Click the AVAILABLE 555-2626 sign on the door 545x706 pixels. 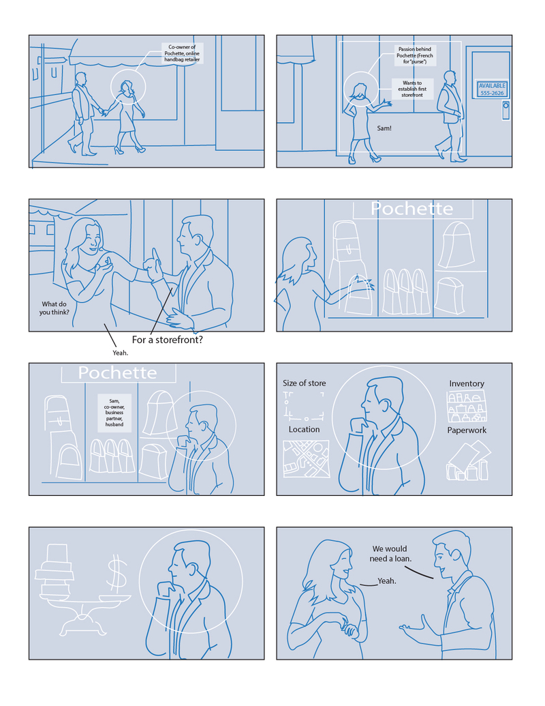click(x=492, y=89)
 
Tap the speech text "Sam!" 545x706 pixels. click(x=384, y=128)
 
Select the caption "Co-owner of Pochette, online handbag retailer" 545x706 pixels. click(x=182, y=53)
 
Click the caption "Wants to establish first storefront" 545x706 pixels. click(x=412, y=89)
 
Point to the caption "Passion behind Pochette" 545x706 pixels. click(x=415, y=55)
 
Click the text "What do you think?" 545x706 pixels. click(x=54, y=308)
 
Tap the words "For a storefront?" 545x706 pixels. click(x=168, y=340)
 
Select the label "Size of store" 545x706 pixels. click(x=305, y=383)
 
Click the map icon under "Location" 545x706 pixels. click(x=307, y=458)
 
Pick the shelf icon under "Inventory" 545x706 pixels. click(x=466, y=406)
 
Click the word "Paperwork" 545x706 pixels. click(x=467, y=430)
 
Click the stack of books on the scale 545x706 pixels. click(x=55, y=571)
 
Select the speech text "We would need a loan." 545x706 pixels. click(x=390, y=554)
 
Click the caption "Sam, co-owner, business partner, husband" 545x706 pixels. click(x=114, y=413)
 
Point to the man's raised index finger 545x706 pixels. click(x=155, y=255)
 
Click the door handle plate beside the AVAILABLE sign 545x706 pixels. click(x=506, y=111)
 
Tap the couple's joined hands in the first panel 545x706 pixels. click(x=104, y=112)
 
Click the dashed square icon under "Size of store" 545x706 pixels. click(x=304, y=405)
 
